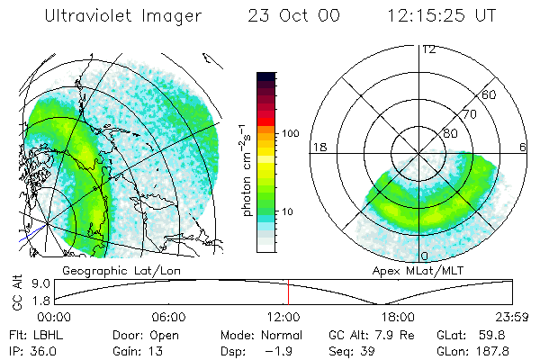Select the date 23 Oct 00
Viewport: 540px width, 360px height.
coord(287,15)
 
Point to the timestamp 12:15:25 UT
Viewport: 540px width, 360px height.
coord(435,15)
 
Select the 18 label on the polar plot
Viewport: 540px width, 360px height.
coord(318,147)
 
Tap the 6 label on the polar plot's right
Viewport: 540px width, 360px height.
coord(523,147)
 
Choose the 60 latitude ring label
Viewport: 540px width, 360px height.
coord(490,94)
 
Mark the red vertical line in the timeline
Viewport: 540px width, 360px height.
coord(288,292)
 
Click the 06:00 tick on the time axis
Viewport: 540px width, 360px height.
coord(168,317)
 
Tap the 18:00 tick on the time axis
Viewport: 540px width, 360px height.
coord(397,317)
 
